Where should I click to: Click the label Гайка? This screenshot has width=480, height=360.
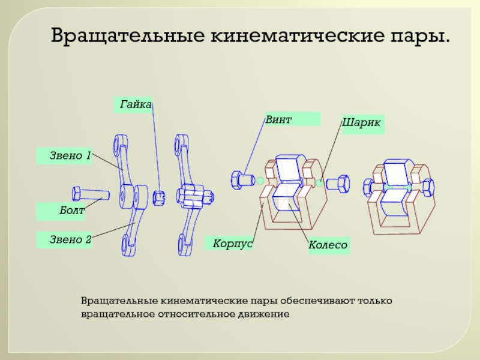pyautogui.click(x=134, y=104)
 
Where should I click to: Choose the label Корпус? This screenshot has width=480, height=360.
pyautogui.click(x=232, y=243)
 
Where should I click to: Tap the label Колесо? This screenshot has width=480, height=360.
pyautogui.click(x=328, y=245)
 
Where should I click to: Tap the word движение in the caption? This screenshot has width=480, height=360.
pyautogui.click(x=263, y=313)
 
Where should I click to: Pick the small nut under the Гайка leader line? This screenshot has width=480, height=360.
pyautogui.click(x=159, y=196)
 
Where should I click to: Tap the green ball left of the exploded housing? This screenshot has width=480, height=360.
pyautogui.click(x=260, y=180)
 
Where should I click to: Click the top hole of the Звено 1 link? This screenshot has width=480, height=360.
pyautogui.click(x=117, y=144)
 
